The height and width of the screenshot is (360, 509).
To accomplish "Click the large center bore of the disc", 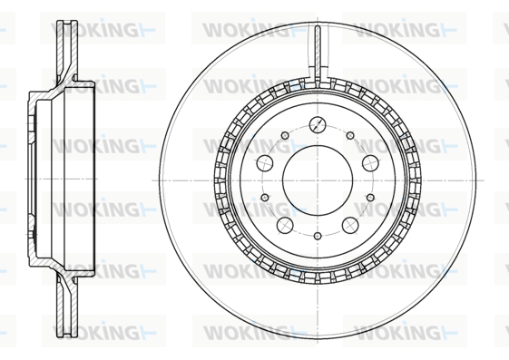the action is pyautogui.click(x=318, y=180).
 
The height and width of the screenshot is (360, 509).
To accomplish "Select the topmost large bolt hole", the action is pyautogui.click(x=318, y=124).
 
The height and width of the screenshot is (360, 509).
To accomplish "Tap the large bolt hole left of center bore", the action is pyautogui.click(x=265, y=163).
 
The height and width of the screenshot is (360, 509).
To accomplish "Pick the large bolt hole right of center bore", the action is pyautogui.click(x=370, y=163).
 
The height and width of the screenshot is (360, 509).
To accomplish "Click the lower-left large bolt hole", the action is pyautogui.click(x=285, y=225).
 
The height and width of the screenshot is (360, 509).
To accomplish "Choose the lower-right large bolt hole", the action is pyautogui.click(x=350, y=225).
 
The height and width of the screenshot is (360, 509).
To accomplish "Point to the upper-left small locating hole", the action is pyautogui.click(x=285, y=135).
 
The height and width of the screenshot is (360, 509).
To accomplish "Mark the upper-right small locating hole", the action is pyautogui.click(x=350, y=135).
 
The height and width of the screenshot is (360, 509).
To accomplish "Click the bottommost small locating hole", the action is pyautogui.click(x=318, y=236).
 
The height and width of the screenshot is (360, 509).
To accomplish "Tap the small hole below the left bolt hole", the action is pyautogui.click(x=265, y=197).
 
